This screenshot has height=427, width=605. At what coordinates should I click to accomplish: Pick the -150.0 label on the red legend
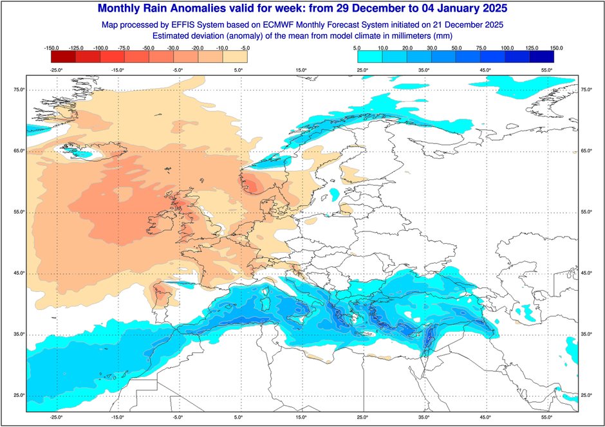click(52, 48)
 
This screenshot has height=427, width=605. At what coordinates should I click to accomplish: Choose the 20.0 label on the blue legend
click(406, 48)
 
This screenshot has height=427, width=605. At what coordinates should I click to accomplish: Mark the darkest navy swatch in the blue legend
click(545, 57)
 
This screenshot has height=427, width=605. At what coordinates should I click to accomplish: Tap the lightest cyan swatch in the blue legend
click(366, 57)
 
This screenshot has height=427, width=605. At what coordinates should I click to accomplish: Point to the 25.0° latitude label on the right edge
click(586, 395)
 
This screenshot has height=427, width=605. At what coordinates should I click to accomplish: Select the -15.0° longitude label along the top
click(117, 70)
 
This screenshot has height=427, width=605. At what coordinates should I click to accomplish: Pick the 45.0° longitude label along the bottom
click(484, 417)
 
